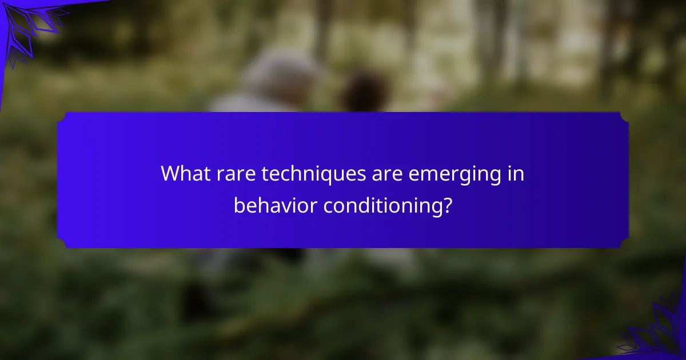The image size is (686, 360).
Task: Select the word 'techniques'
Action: point(314,174)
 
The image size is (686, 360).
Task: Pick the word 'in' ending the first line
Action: point(516,173)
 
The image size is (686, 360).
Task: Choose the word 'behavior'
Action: point(276,205)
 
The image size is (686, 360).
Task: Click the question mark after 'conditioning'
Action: point(448,205)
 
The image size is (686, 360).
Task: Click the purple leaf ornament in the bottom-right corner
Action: point(655,331)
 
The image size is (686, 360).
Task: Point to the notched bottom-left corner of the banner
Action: point(62,243)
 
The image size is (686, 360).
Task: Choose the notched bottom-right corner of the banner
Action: point(624,243)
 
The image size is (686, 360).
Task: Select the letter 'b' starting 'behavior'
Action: point(240,205)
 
